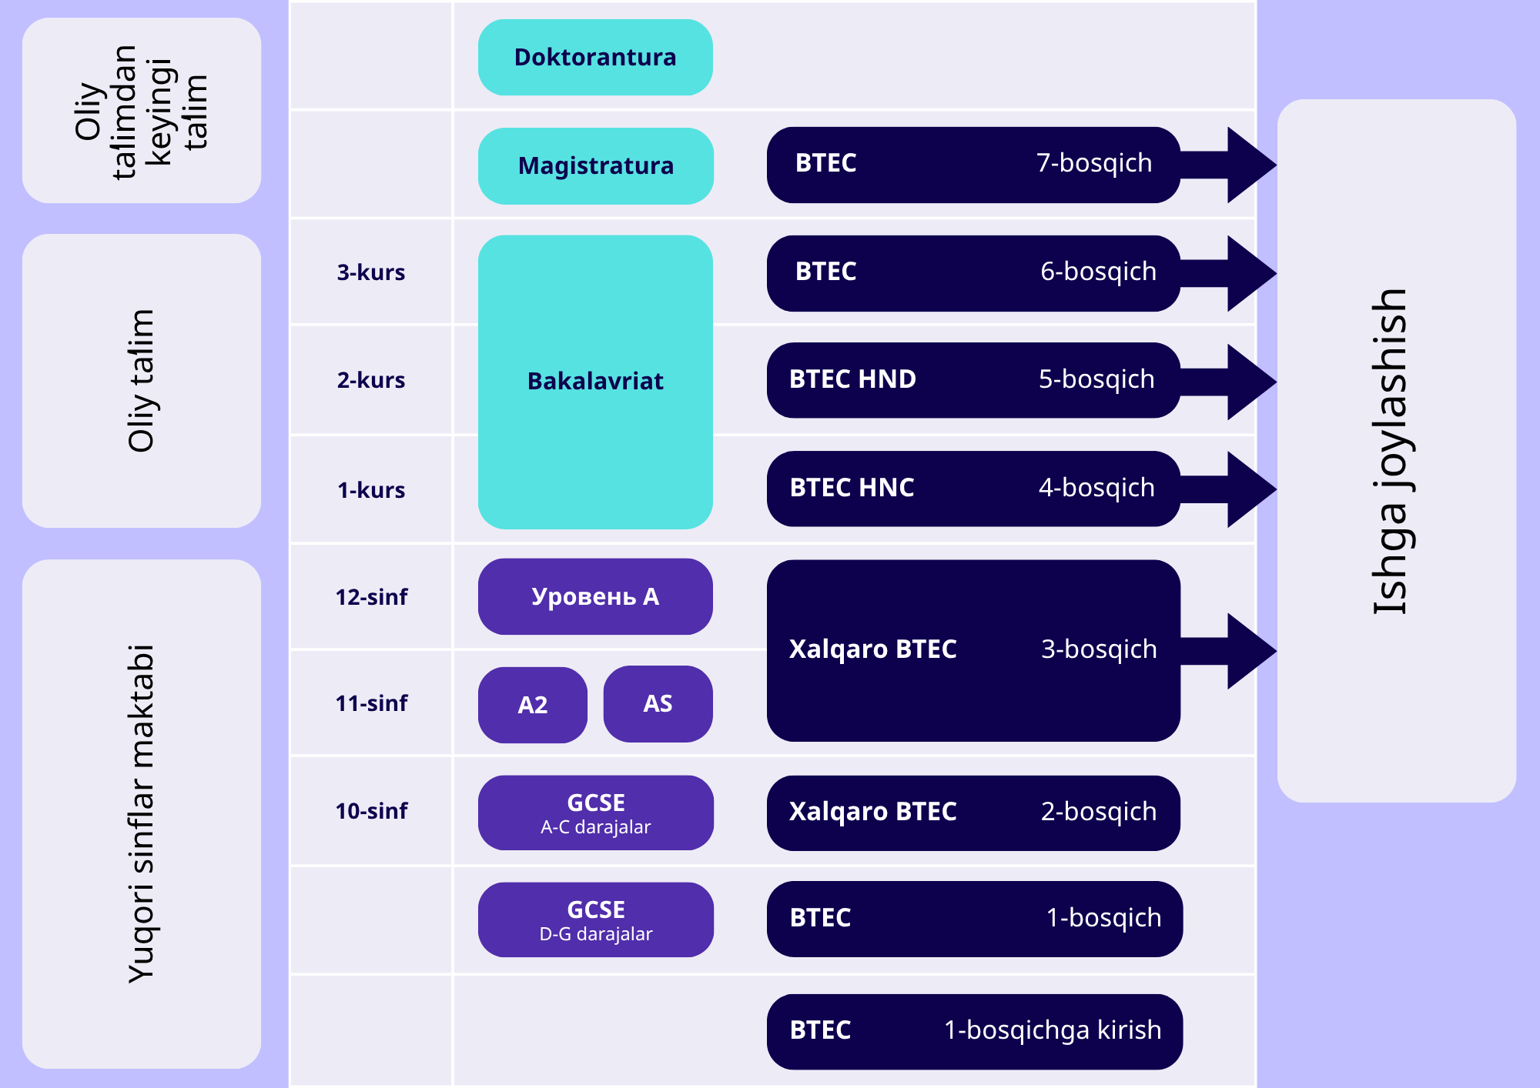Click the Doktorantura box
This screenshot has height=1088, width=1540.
(595, 58)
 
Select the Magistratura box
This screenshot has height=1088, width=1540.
(595, 165)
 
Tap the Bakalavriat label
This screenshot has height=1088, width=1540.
(595, 381)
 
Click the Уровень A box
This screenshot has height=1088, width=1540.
(595, 596)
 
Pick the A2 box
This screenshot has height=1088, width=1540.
(533, 705)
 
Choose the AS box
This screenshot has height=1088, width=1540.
(658, 704)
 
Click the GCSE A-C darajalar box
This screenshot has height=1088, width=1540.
(595, 813)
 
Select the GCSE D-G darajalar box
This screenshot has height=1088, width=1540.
(595, 919)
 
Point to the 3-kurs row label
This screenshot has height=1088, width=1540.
(371, 272)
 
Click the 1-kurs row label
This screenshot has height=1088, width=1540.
(371, 490)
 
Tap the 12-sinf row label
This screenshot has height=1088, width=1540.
(371, 597)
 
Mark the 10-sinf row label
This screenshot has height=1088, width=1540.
(371, 811)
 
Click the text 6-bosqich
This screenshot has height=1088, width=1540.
(1098, 272)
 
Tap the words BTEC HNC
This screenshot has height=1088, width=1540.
(852, 488)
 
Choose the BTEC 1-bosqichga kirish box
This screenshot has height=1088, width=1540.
(975, 1032)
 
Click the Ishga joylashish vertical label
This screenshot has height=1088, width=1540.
(1391, 452)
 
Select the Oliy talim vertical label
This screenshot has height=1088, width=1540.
(142, 381)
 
